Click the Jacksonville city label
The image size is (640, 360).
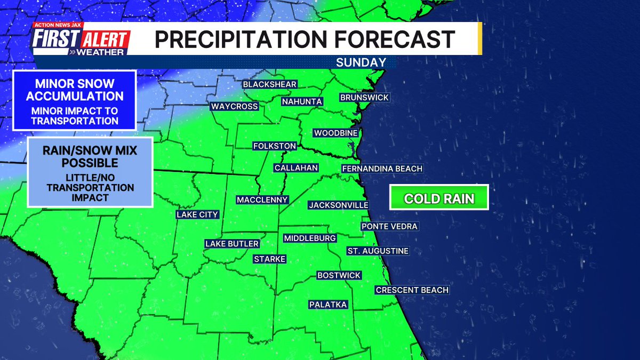click(x=338, y=205)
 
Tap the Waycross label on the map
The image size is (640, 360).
click(x=234, y=106)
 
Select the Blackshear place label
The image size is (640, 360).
click(x=269, y=84)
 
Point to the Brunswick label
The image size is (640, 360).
click(x=364, y=98)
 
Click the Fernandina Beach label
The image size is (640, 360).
click(x=382, y=169)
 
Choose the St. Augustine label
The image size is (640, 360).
click(x=378, y=251)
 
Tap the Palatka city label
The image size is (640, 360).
click(x=328, y=305)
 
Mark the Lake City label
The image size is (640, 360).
click(x=197, y=214)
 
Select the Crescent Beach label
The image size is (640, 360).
click(x=412, y=290)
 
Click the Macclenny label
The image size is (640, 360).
click(x=262, y=199)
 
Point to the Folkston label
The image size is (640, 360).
click(x=274, y=146)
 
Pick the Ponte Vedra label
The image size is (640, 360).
click(x=389, y=226)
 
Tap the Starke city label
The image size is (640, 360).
click(x=269, y=259)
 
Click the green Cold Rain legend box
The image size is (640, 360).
click(x=439, y=199)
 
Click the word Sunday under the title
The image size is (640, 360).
click(x=361, y=62)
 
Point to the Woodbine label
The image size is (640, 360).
click(x=335, y=133)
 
